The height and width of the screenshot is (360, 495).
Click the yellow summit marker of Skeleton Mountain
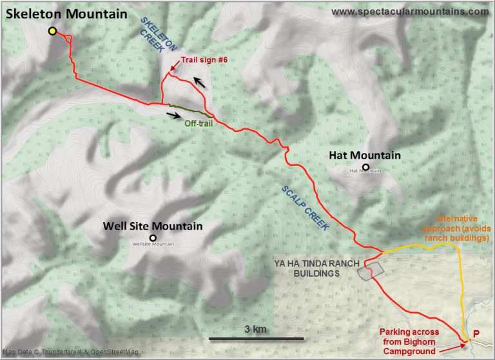(52, 32)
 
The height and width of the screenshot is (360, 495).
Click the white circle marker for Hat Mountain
(365, 167)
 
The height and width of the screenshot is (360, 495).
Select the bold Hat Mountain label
(364, 155)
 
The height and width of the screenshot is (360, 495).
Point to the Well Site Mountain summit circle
(153, 237)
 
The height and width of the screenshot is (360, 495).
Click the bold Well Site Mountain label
(153, 226)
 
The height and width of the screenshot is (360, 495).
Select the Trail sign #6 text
(204, 59)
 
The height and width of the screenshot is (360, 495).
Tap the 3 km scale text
(256, 330)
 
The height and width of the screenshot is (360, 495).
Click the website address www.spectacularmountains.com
(410, 11)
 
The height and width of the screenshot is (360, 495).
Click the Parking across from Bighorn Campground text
(412, 343)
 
